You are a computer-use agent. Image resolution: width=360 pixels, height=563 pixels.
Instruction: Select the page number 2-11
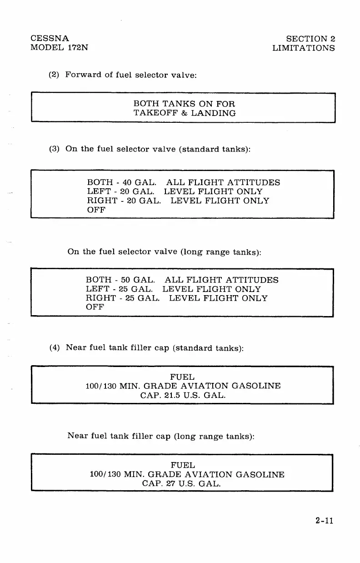[x=324, y=520]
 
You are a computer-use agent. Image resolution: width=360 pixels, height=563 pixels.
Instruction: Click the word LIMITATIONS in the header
[x=303, y=48]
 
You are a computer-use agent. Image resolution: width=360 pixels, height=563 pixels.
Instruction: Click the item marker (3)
[x=55, y=149]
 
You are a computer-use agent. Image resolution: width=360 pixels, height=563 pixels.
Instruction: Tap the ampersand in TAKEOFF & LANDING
[x=183, y=113]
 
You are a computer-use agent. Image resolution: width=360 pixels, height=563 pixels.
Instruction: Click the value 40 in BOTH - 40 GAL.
[x=121, y=182]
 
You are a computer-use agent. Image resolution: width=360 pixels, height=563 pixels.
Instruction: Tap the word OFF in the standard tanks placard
[x=96, y=210]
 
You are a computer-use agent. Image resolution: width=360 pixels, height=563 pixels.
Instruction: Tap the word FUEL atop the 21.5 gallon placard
[x=182, y=377]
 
